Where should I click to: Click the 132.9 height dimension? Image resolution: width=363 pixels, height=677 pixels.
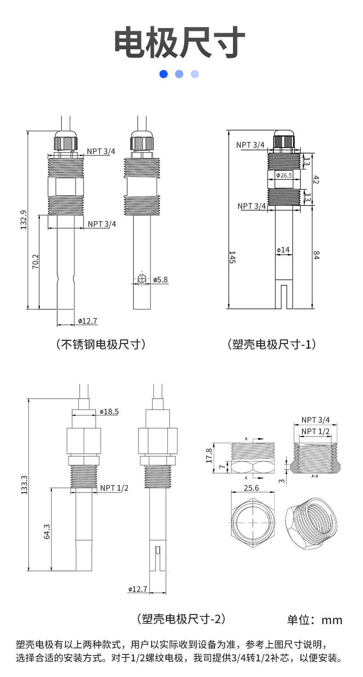[24, 220]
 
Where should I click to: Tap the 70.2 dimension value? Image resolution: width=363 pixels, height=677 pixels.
[36, 261]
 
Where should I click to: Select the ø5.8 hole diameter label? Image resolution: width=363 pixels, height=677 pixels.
[160, 280]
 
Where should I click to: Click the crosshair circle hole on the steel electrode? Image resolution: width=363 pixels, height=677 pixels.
[142, 279]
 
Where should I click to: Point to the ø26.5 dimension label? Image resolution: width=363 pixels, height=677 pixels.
[284, 175]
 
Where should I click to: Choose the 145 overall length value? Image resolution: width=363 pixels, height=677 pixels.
[232, 257]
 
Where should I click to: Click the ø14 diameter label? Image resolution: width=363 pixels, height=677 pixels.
[283, 250]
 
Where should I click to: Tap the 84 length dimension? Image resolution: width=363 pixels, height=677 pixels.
[316, 255]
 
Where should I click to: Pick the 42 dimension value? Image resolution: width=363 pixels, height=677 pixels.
[316, 179]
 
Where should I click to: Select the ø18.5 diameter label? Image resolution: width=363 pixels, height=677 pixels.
[109, 412]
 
